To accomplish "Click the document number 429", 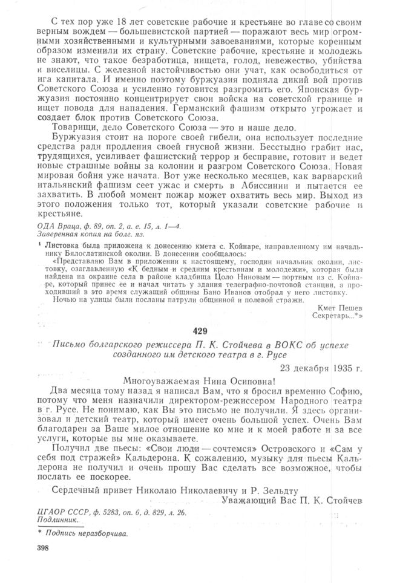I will [x=198, y=332].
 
